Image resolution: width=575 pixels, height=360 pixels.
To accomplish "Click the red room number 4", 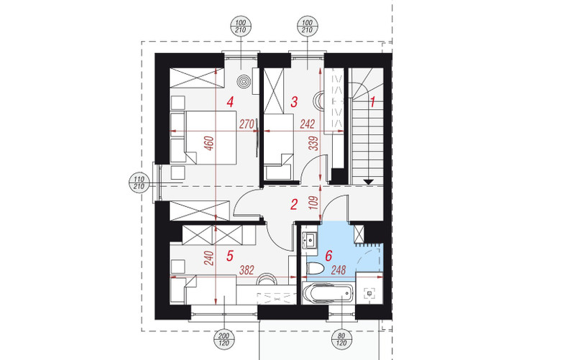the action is tap(230, 101).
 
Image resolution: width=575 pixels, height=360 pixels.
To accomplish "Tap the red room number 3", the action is tap(294, 102).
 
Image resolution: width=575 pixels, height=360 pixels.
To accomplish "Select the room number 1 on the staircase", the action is tap(373, 102).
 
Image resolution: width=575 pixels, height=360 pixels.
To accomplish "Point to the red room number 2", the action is tap(294, 205).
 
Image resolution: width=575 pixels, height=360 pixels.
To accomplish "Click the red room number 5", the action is tap(230, 256).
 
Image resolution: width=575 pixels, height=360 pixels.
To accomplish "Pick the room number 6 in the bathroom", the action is tap(328, 256).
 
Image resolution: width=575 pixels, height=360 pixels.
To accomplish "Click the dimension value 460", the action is tap(208, 144).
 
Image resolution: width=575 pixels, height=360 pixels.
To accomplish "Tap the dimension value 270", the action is tap(247, 124).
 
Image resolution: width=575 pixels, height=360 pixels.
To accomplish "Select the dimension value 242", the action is tap(308, 124).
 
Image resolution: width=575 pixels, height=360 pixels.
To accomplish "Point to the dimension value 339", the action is tap(313, 144).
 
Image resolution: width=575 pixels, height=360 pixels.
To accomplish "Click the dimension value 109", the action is tap(313, 203).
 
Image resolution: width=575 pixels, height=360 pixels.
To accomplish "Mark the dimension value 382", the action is tap(247, 270).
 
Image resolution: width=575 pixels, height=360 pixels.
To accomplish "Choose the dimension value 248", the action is tap(338, 270).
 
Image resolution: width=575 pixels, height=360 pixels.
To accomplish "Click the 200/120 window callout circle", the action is tap(224, 339).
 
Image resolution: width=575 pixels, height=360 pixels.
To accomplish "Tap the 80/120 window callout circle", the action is tap(341, 339).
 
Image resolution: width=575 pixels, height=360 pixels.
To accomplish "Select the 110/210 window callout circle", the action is tap(139, 183).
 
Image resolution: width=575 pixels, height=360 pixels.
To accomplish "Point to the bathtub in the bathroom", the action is tap(328, 293).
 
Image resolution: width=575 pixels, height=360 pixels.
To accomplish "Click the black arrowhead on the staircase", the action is tap(369, 182).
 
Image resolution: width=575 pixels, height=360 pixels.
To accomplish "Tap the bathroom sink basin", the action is tap(310, 241).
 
